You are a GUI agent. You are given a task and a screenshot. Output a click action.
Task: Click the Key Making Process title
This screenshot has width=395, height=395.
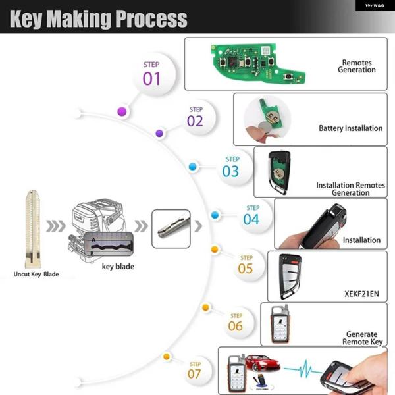99,18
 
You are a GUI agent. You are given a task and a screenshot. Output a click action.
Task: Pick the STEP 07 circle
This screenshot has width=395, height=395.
196,371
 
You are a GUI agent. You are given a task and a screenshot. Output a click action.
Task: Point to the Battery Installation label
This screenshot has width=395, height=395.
350,128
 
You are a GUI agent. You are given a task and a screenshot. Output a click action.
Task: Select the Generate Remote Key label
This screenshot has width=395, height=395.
362,338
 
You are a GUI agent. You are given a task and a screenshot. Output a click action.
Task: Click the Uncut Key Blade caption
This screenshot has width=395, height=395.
36,274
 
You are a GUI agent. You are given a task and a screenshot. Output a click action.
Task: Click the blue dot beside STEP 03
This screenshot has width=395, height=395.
192,167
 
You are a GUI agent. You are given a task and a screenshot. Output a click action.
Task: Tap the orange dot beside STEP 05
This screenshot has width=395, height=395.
214,249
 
